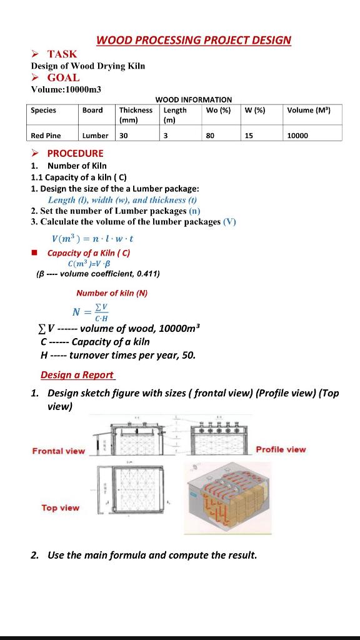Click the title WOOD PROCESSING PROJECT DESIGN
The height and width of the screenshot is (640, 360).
[194, 40]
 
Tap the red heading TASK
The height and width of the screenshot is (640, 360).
[62, 54]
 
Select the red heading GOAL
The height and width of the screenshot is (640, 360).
[63, 77]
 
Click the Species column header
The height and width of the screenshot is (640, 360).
[44, 110]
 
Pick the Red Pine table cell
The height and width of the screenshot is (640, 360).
[46, 135]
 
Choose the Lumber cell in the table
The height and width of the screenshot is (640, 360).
[95, 135]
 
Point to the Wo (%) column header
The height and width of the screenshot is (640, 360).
[217, 110]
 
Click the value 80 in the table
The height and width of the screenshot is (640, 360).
[209, 135]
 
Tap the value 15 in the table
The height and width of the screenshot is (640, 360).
[249, 135]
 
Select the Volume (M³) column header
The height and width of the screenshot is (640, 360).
[309, 110]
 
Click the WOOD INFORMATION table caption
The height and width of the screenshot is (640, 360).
[193, 99]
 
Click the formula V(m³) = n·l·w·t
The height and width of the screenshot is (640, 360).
[93, 238]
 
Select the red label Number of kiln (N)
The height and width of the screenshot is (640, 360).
[112, 292]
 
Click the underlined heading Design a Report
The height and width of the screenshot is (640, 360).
[77, 375]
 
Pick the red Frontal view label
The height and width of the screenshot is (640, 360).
[59, 451]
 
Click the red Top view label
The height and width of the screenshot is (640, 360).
[61, 507]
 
